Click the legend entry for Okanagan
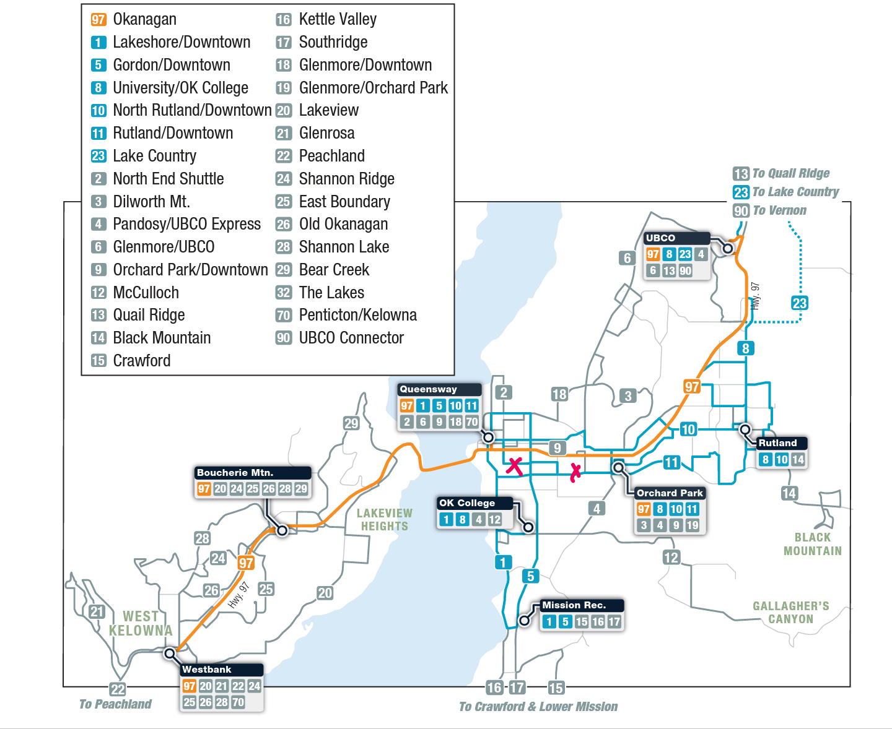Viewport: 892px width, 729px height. pyautogui.click(x=144, y=19)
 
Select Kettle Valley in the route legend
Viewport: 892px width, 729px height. pyautogui.click(x=338, y=19)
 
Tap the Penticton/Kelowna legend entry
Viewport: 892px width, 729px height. pyautogui.click(x=357, y=315)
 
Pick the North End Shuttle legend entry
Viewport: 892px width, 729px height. pyautogui.click(x=168, y=179)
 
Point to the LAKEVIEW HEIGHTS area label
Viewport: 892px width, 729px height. pyautogui.click(x=384, y=520)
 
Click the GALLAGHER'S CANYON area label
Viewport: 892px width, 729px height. pyautogui.click(x=790, y=613)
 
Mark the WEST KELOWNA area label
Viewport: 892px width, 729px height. pyautogui.click(x=141, y=624)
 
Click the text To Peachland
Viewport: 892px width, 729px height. pyautogui.click(x=115, y=704)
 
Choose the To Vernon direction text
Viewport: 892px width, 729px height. pyautogui.click(x=779, y=210)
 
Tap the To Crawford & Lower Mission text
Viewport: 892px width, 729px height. pyautogui.click(x=538, y=707)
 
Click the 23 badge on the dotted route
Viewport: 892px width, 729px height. pyautogui.click(x=799, y=303)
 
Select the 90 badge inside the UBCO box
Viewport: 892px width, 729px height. pyautogui.click(x=685, y=270)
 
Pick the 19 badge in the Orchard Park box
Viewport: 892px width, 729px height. pyautogui.click(x=692, y=525)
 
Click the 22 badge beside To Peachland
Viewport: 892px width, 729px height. pyautogui.click(x=118, y=689)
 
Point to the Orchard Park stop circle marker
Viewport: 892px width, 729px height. pyautogui.click(x=618, y=468)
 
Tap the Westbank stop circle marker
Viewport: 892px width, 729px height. pyautogui.click(x=170, y=654)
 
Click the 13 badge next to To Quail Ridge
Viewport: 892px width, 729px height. pyautogui.click(x=741, y=174)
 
